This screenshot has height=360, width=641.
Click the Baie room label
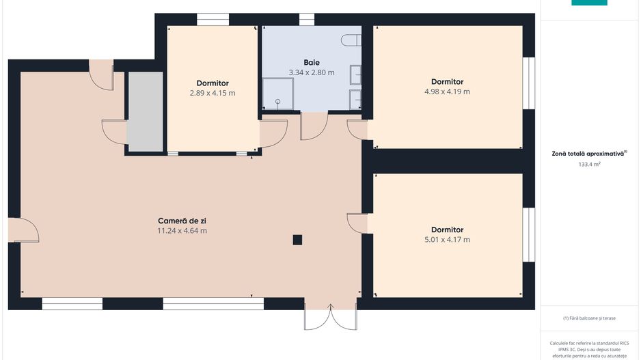[x=312, y=62]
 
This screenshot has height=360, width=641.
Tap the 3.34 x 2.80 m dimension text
[x=312, y=72]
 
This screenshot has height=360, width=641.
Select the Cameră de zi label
[x=182, y=221]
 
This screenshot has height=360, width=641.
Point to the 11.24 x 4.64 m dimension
[x=182, y=231]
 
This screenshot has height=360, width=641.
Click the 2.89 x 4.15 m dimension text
[x=213, y=93]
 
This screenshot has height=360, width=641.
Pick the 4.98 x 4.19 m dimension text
[x=447, y=92]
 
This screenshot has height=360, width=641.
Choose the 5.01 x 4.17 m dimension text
[x=447, y=240]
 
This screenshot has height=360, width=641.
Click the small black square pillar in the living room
[x=297, y=239]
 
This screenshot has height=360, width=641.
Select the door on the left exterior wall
[x=26, y=230]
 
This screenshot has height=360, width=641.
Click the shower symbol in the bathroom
[x=277, y=95]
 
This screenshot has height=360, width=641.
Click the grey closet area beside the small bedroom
[x=146, y=111]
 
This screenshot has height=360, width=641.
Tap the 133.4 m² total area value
[x=588, y=165]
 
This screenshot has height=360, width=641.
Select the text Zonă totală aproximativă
[x=588, y=154]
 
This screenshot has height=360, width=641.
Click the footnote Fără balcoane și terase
[x=588, y=318]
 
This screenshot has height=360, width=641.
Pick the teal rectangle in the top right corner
[x=589, y=3]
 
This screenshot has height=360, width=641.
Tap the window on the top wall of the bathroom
[x=307, y=19]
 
